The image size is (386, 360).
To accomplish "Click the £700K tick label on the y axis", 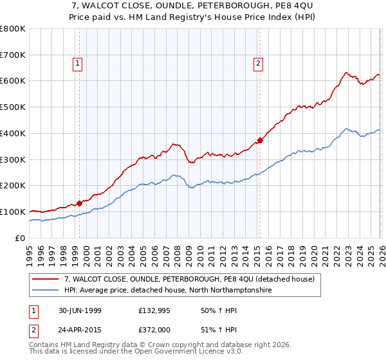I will coord(13,55).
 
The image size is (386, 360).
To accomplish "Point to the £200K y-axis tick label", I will coord(13,186).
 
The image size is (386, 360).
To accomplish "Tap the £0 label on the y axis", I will coord(21,238).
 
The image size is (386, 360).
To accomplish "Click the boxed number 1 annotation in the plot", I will coord(77,63).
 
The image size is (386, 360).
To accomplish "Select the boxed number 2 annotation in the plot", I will coord(258,63).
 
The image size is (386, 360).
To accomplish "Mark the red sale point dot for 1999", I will coord(80,203).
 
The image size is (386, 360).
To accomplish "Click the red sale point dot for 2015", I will coord(260,140).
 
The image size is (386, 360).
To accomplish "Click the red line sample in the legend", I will coord(46,279).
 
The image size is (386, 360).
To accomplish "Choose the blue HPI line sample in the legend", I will coord(46,291).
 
